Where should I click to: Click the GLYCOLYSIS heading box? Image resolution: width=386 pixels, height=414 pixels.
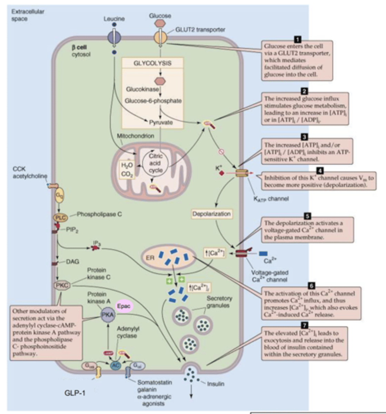pyautogui.click(x=152, y=63)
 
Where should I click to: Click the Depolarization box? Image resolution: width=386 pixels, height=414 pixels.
pyautogui.click(x=212, y=214)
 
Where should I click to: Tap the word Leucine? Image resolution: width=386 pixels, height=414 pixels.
pyautogui.click(x=114, y=19)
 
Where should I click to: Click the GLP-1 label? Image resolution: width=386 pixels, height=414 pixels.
pyautogui.click(x=75, y=393)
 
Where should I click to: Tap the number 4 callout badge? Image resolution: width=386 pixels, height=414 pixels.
pyautogui.click(x=320, y=170)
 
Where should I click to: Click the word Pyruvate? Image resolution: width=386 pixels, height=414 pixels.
pyautogui.click(x=161, y=122)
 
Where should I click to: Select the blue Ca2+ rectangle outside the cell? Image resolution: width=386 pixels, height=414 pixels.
pyautogui.click(x=263, y=254)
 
